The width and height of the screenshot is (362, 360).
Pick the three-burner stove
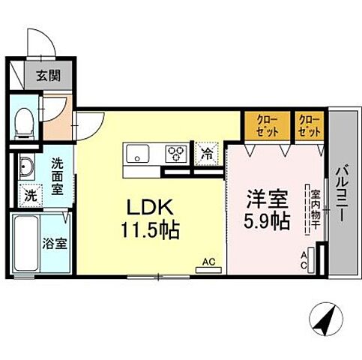pos(177,154)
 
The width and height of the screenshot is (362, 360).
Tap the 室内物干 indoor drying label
pos(315,209)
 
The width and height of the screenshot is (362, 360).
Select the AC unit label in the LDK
pos(208,262)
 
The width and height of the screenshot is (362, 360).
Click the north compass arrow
pos(325,320)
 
